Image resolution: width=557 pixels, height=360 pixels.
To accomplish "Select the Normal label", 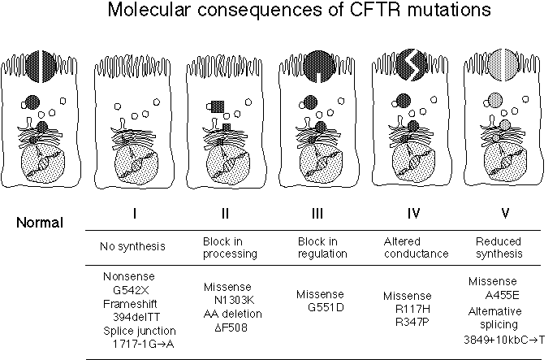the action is coord(40,223).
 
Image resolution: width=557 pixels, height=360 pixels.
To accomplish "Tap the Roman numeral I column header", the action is coord(135,213).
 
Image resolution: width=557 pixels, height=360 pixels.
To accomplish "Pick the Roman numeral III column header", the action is coord(317,213).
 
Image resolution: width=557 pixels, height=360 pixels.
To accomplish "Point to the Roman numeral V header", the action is coord(505,213).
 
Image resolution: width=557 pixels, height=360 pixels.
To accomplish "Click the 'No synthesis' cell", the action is coord(132,246).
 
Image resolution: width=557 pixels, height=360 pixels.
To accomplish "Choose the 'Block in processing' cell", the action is coord(230,248).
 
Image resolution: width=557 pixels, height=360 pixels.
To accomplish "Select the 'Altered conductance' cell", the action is coord(416,248).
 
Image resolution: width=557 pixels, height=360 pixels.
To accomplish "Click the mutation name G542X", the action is coord(131,290).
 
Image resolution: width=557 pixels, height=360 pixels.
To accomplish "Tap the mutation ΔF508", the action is coord(231,327).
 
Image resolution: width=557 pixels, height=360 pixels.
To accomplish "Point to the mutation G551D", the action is coord(326,307).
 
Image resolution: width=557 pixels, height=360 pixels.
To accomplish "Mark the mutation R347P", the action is coord(412,322).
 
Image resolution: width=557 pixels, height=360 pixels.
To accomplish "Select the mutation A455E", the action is coord(502,295).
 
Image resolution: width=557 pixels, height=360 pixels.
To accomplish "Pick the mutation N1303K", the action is coord(235,301).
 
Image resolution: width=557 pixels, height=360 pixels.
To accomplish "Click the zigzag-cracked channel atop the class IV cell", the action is coord(412,65).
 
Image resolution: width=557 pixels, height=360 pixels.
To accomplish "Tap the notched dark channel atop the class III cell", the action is coord(319,66).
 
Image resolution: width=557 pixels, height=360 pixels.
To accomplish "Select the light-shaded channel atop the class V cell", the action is coord(503,65).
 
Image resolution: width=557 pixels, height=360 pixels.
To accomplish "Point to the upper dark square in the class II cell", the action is coord(218,106).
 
